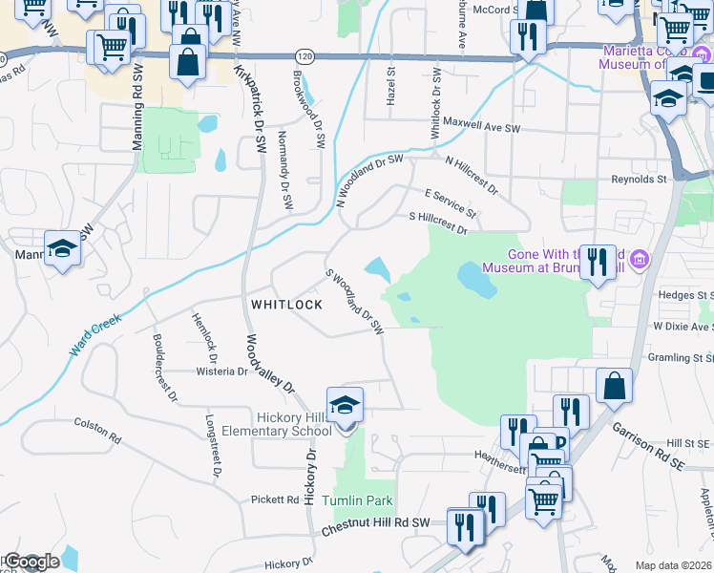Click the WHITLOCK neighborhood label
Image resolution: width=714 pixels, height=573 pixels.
pos(286,305)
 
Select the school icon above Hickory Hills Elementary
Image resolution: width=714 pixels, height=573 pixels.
pos(346,406)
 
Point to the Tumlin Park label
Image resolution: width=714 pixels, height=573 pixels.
pos(357,501)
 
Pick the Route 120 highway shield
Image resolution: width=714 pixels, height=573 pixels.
pos(304,56)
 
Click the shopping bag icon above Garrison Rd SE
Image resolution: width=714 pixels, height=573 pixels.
pos(615,386)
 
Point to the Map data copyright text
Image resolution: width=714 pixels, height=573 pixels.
pos(673,565)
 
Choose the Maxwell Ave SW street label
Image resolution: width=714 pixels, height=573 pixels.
pos(483,125)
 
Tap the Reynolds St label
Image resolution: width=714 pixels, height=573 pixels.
pos(639,179)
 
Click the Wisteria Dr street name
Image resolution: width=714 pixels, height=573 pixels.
pos(220,371)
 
